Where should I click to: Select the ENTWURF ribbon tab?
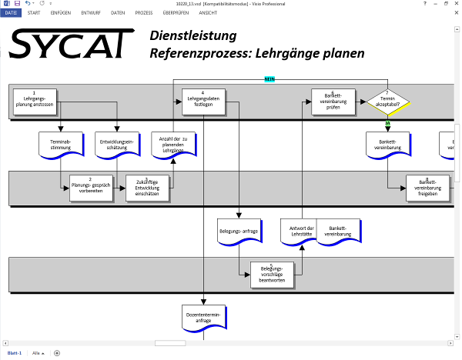click(x=89, y=13)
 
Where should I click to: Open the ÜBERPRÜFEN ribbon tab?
click(x=176, y=13)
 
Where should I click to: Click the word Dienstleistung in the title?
click(x=193, y=36)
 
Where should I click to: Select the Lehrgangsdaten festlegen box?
click(x=203, y=99)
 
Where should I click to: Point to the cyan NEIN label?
click(x=269, y=79)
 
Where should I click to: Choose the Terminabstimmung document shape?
click(x=60, y=144)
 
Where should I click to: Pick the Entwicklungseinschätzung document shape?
click(x=117, y=144)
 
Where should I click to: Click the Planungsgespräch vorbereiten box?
click(x=90, y=188)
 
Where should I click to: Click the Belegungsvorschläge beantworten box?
click(x=272, y=273)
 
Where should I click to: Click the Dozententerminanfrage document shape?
click(x=204, y=317)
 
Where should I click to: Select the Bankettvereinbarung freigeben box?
click(x=427, y=187)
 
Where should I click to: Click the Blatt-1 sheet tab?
click(x=13, y=352)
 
